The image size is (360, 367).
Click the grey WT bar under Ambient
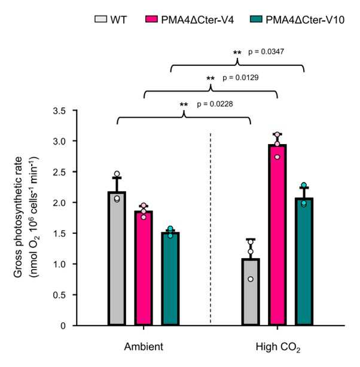coord(117,258)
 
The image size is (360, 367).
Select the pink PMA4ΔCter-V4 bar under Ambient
coord(144,268)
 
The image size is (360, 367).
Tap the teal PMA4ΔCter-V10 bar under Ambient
coord(170,279)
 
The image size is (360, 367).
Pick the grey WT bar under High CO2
coord(251,292)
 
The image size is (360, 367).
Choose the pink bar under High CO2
coord(277,235)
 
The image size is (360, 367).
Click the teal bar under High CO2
coord(304,262)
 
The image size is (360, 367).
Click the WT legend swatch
coord(100,19)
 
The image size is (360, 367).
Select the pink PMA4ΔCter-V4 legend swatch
coord(151,19)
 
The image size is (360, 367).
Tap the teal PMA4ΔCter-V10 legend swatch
coord(256,19)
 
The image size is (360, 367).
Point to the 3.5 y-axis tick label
coord(59,111)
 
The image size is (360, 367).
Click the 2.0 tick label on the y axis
coord(59,203)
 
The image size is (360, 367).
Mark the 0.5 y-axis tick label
coord(59,295)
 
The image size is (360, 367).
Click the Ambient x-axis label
coord(144,347)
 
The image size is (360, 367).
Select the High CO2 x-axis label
coord(278,347)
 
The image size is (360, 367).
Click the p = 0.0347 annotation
coord(266,51)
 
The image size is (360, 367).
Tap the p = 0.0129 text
coord(240,78)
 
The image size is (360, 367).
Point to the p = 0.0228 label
coord(215,103)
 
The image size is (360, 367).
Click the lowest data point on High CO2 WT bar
coord(251,279)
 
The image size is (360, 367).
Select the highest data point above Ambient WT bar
coord(117,174)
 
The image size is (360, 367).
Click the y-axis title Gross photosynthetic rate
coord(18,217)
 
